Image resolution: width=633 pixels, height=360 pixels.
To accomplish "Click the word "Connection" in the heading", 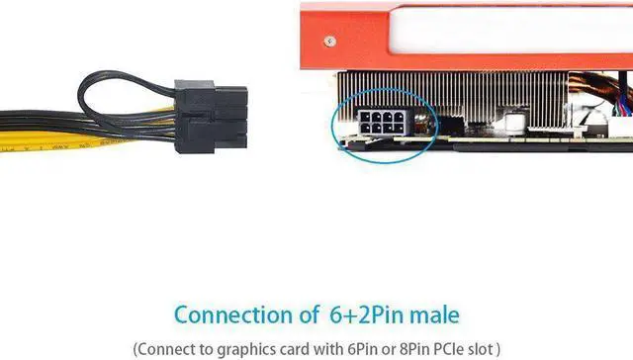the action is [230, 315].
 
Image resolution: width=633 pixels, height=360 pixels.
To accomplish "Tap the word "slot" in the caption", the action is [485, 347].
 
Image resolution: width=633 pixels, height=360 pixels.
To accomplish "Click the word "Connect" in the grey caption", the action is [164, 347].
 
